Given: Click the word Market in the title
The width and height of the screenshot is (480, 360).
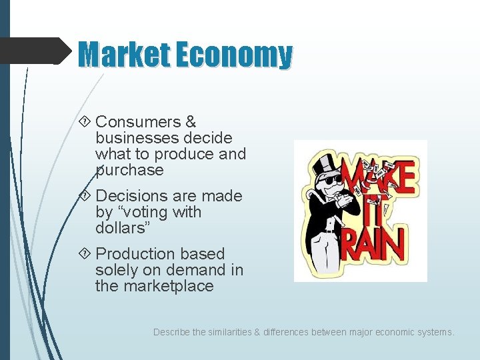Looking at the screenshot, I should (x=123, y=55).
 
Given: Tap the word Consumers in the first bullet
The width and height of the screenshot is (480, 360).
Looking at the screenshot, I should (x=137, y=122).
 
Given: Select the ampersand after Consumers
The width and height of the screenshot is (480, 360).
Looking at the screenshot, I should (x=191, y=122).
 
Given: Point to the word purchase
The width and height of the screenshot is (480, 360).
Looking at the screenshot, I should (x=129, y=171).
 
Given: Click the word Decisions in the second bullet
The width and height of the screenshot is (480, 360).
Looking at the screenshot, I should (x=133, y=196).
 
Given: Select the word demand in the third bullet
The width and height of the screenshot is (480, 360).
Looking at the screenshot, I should (x=201, y=270).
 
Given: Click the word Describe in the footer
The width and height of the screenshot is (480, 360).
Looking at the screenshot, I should (x=171, y=331).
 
